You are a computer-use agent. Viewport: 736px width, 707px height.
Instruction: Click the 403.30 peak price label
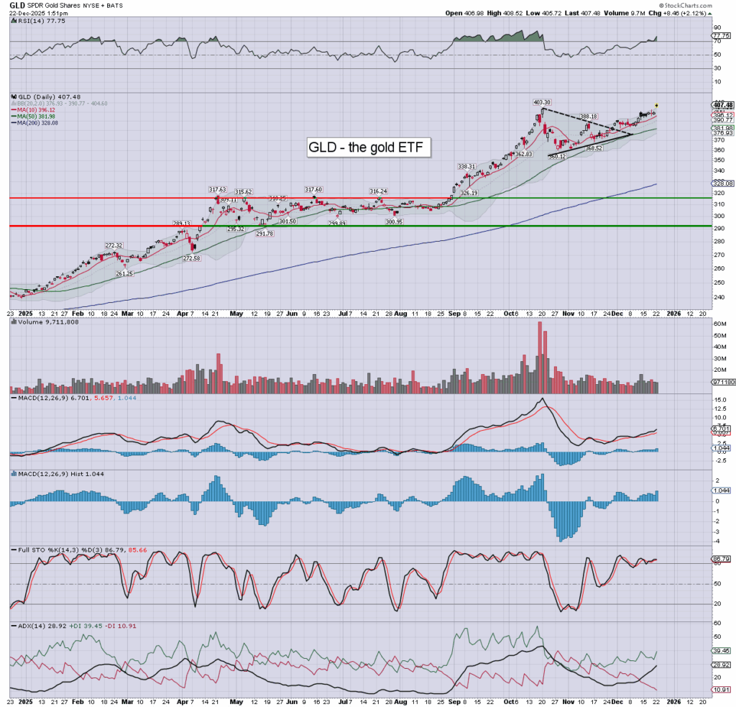click(x=541, y=102)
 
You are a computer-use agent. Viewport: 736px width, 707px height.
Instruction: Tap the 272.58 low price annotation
click(x=192, y=258)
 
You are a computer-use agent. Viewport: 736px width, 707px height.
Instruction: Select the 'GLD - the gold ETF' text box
click(x=369, y=147)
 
